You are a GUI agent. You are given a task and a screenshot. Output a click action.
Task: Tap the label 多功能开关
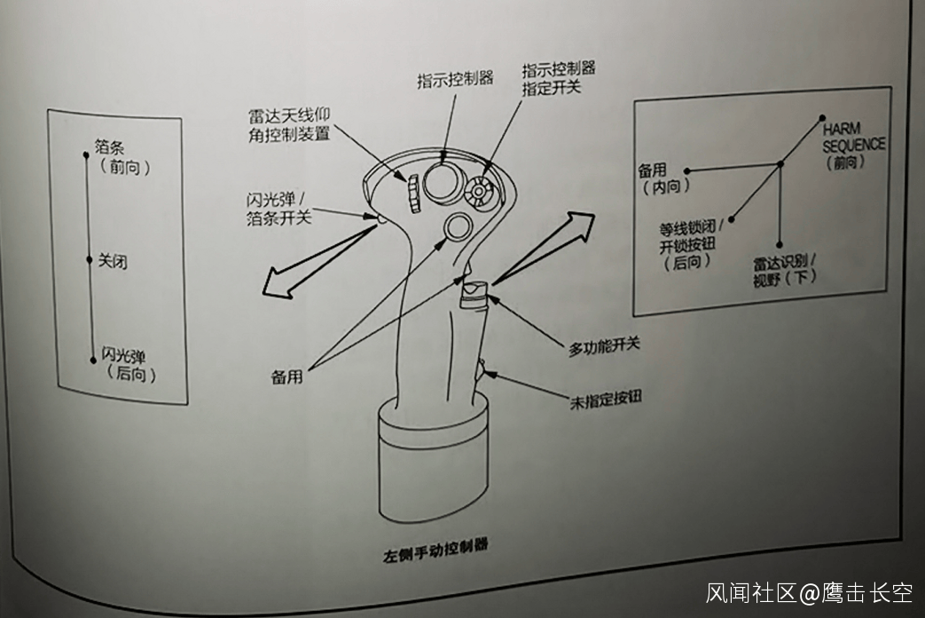pos(604,346)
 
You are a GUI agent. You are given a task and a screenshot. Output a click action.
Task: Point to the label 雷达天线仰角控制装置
pos(290,124)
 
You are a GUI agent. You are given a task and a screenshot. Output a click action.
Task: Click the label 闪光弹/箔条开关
pos(278,209)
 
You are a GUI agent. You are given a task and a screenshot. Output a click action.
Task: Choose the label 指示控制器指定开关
pos(558,78)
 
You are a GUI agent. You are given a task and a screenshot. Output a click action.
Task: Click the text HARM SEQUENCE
pos(854,137)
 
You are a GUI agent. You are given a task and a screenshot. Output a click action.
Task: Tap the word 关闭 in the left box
pos(112,260)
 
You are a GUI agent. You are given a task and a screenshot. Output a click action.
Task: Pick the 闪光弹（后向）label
pos(129,364)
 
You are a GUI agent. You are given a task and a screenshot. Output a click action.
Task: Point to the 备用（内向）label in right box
pos(664,179)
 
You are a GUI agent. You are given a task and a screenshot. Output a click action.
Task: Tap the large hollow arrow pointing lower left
pos(320,260)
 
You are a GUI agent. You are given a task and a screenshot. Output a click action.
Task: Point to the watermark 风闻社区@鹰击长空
pos(810,592)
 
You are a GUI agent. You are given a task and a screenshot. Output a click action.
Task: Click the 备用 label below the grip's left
pos(286,376)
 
